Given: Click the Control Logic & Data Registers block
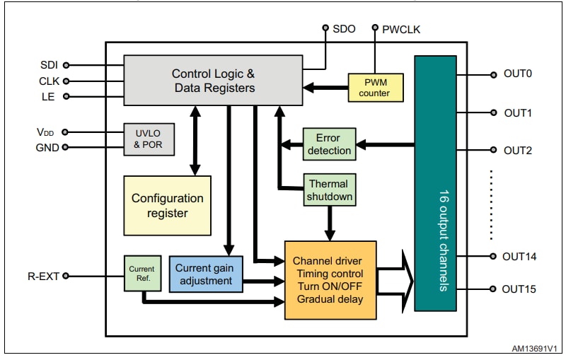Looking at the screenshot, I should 213,81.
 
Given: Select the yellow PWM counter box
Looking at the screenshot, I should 374,88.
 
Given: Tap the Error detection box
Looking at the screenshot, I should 328,144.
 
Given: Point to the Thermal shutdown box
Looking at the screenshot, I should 329,190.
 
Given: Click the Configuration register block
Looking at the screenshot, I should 167,205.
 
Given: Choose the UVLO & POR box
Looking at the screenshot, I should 149,139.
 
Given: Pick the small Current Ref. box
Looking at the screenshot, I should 142,274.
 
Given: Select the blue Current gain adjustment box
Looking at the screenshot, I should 204,274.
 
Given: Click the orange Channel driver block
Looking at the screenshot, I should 330,279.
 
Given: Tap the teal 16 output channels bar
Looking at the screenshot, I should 435,183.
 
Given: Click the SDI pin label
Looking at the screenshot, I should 50,65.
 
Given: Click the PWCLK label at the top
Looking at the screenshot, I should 401,29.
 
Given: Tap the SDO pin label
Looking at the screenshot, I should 344,29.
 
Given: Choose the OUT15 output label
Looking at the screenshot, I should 519,289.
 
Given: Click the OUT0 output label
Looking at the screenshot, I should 517,74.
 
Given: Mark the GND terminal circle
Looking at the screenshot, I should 66,147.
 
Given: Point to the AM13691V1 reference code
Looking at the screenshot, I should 533,349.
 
